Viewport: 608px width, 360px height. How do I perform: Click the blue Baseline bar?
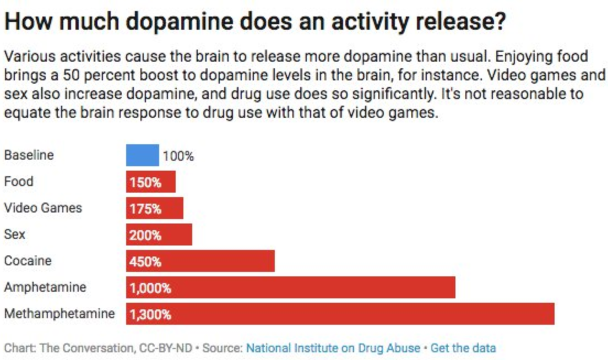142,155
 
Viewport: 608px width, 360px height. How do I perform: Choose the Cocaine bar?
220,261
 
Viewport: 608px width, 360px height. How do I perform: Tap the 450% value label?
145,261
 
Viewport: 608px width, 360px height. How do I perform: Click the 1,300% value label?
150,315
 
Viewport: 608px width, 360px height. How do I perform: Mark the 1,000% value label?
150,288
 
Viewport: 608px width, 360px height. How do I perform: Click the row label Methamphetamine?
59,314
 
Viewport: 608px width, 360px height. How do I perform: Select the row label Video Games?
43,208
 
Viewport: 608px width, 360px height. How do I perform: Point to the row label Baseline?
29,155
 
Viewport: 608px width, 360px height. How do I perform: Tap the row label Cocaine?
28,260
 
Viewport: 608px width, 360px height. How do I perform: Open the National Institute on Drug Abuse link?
333,348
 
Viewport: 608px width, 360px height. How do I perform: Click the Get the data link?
463,348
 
